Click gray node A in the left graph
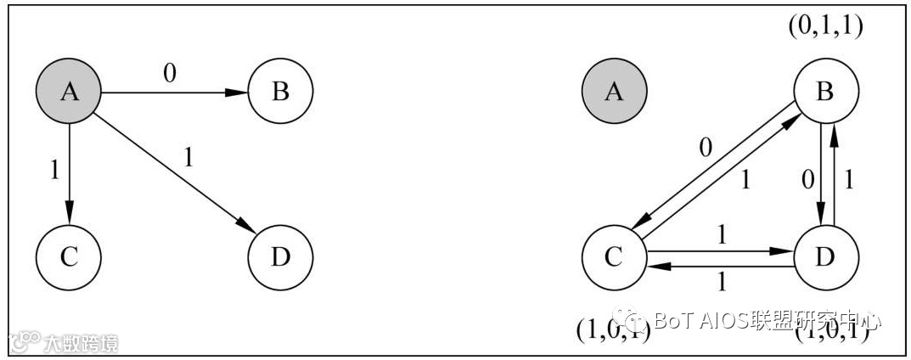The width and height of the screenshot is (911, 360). pos(69,91)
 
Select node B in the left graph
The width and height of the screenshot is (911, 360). pos(280,91)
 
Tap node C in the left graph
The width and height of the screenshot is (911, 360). pos(69,256)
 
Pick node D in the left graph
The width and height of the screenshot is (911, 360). pos(280,256)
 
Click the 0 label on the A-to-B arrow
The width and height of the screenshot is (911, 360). pos(169,74)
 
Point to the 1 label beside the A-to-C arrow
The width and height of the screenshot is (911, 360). pos(54,170)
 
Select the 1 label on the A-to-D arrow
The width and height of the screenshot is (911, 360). pos(188,159)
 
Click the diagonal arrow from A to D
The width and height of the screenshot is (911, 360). pos(174,173)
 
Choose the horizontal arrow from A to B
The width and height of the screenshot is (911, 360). pos(174,92)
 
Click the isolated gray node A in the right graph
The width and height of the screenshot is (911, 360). pos(614,91)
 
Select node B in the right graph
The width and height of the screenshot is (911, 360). pos(824,91)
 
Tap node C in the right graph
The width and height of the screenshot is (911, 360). pos(614,256)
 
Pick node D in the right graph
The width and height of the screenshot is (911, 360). pos(824,256)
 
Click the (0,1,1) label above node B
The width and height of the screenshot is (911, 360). pos(825,27)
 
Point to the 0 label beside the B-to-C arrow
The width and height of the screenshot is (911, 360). pos(704,149)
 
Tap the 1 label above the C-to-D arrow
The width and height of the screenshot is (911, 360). pos(722,235)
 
